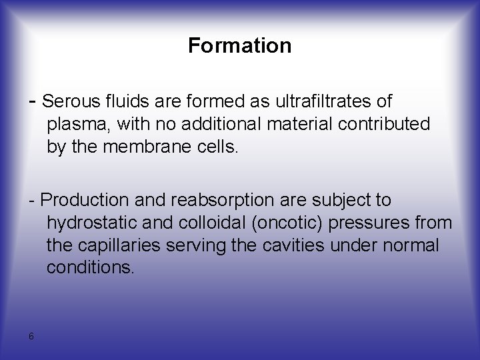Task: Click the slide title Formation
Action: tap(239, 46)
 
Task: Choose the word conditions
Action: tap(91, 268)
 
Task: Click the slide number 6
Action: tap(31, 336)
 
